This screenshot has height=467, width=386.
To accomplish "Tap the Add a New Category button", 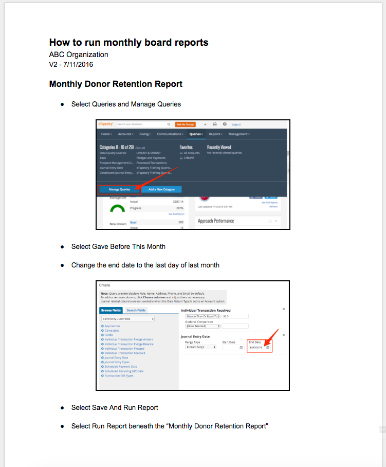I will coord(162,189).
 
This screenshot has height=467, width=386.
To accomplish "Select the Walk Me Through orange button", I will coord(185,124).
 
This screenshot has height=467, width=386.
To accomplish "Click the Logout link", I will coord(236,124).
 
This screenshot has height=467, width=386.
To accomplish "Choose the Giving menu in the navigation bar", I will coord(145,134).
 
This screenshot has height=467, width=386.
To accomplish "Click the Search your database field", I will coord(141,124).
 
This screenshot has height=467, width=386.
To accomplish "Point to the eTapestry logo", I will coord(106,124).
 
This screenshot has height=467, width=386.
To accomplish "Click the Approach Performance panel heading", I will coord(216,221).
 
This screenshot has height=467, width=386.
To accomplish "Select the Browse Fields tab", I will coord(111,310).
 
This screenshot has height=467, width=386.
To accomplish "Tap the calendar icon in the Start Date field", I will coord(241,348).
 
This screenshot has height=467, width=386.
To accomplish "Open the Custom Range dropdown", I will coord(200,347).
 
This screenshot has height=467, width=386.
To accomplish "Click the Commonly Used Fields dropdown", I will coord(128,319).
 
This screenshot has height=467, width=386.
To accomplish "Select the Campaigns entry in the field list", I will coord(112,331).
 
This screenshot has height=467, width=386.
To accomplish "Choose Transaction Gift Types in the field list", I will coord(119,375).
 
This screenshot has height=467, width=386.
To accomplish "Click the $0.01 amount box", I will coord(235,316).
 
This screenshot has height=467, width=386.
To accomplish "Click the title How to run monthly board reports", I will coord(128,43).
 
